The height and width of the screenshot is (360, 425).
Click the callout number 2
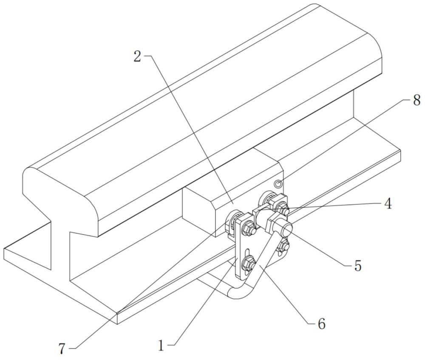137,56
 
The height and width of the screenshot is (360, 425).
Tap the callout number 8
417,100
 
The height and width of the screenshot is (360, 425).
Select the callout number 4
388,203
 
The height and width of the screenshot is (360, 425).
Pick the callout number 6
321,324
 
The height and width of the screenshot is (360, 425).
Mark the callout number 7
62,349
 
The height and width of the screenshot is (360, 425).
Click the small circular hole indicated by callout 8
278,184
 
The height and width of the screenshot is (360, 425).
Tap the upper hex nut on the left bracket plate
249,227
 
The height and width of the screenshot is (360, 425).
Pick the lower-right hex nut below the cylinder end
283,245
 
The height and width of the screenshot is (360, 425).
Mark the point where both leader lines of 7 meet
117,313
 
